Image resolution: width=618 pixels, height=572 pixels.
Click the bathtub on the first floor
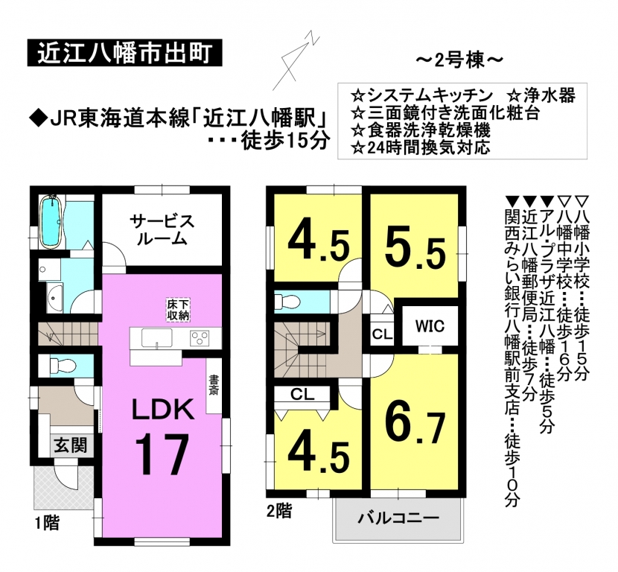click(x=51, y=221)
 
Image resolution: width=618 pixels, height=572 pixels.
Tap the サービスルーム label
click(x=162, y=229)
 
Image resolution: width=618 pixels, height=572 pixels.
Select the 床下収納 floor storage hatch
click(x=178, y=309)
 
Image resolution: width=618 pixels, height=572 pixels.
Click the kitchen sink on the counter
click(x=157, y=338)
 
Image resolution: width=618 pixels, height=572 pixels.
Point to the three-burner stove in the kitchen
click(x=200, y=338)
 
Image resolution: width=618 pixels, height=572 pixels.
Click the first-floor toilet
click(x=61, y=365)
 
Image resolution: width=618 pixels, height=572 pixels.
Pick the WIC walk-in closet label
click(x=430, y=326)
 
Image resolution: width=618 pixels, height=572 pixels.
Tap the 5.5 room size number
click(x=415, y=252)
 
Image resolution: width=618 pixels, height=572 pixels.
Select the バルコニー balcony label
click(x=398, y=518)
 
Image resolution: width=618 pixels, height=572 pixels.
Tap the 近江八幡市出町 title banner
click(x=125, y=52)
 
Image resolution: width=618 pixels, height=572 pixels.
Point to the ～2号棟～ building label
click(x=459, y=61)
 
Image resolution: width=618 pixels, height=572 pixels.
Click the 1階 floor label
click(x=48, y=524)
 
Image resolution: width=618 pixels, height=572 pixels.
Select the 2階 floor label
click(x=279, y=511)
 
